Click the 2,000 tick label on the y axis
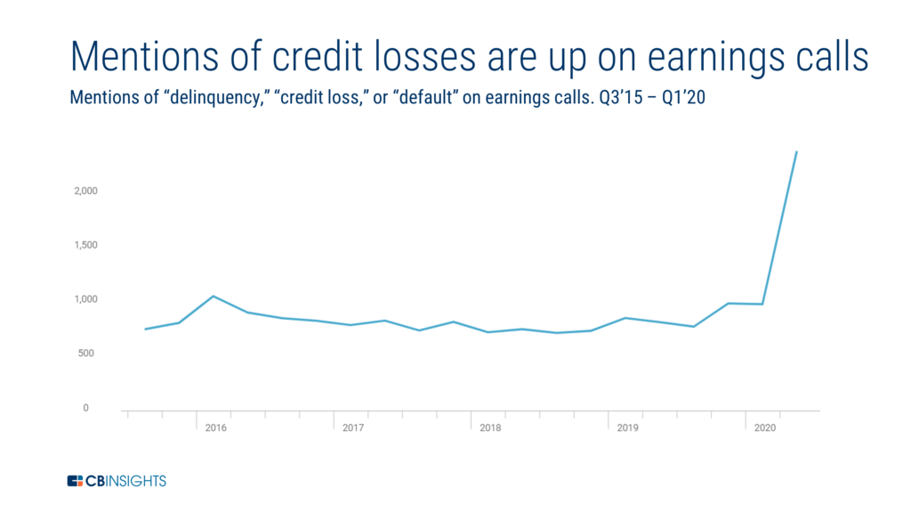pos(85,191)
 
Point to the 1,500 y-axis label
pos(85,245)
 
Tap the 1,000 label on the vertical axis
pos(85,299)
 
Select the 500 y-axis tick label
pos(85,353)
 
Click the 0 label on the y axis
pos(85,408)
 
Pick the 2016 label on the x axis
pos(215,428)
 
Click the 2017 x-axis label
pos(352,428)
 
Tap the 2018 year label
pos(490,428)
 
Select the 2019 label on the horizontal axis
pos(627,428)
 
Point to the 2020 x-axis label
pos(764,428)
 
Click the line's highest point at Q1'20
pos(796,151)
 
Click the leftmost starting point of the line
pos(145,330)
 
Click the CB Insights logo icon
pos(75,481)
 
